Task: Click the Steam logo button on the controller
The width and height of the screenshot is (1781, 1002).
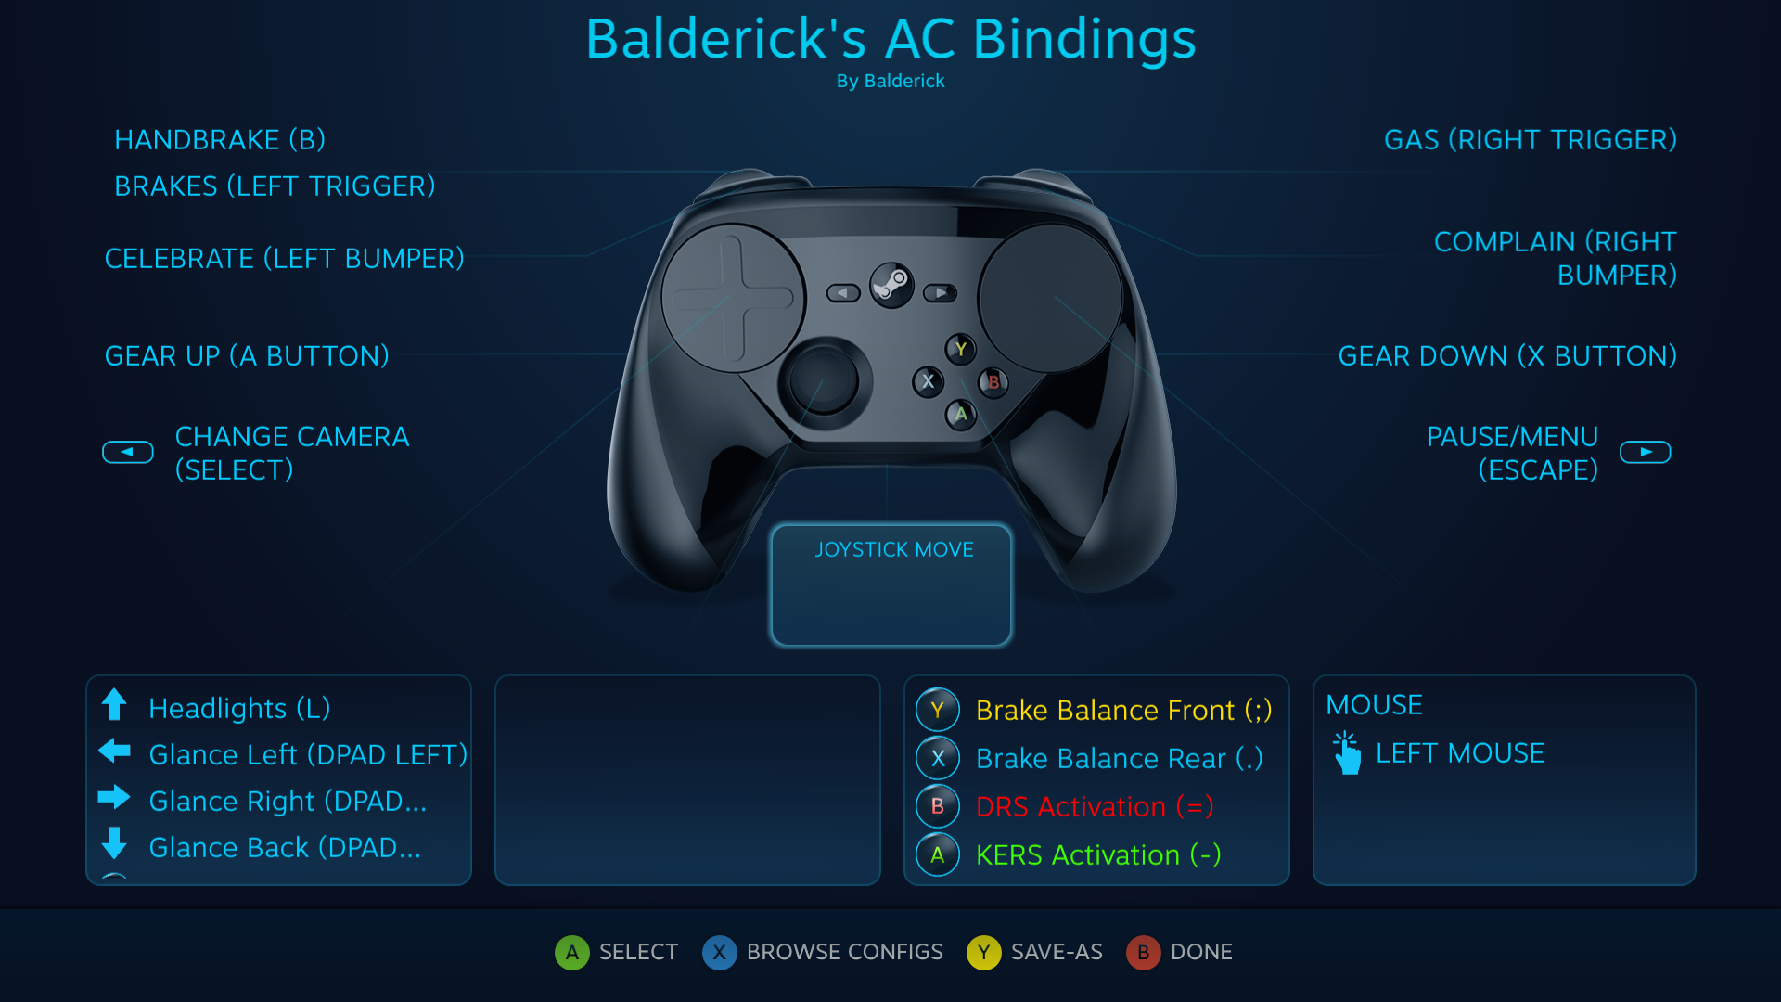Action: click(x=891, y=285)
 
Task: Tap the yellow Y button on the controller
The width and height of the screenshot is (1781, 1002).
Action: click(x=961, y=349)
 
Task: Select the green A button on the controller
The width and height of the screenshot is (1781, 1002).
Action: click(x=961, y=414)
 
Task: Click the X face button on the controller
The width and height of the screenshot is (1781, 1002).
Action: click(x=928, y=381)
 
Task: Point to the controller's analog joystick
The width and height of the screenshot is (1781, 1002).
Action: click(x=824, y=380)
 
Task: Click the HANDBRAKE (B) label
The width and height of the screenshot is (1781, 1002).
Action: click(x=220, y=140)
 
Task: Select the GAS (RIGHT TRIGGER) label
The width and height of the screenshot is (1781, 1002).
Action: click(x=1530, y=140)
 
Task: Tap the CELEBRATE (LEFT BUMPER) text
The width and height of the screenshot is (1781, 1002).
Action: click(x=284, y=259)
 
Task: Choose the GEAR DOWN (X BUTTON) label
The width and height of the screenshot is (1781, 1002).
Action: click(x=1506, y=356)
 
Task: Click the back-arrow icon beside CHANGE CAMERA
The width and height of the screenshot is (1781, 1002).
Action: click(x=128, y=452)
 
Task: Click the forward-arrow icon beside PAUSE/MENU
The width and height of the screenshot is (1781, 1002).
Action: click(x=1645, y=452)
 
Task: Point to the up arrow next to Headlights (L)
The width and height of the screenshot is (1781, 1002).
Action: click(x=114, y=705)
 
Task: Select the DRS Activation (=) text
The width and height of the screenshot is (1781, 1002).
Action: click(x=1095, y=807)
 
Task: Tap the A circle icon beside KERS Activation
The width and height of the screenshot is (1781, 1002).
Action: click(x=938, y=854)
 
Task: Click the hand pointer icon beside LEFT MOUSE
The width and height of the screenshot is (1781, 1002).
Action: click(x=1347, y=752)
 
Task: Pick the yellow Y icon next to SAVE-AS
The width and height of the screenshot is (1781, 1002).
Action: click(x=983, y=952)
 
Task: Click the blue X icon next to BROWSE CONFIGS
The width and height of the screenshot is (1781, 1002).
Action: click(x=719, y=952)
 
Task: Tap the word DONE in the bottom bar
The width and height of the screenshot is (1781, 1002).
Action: click(x=1201, y=952)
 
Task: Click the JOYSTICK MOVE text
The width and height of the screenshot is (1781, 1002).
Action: click(x=893, y=550)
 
